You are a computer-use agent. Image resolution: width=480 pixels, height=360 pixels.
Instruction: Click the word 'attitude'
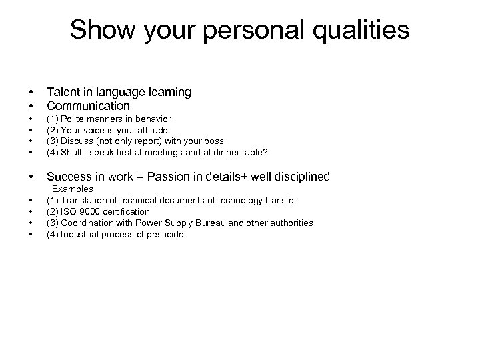point(149,130)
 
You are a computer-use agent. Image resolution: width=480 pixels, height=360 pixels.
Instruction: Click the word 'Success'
point(69,177)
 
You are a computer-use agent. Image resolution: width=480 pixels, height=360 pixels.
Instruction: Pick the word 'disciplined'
point(298,177)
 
